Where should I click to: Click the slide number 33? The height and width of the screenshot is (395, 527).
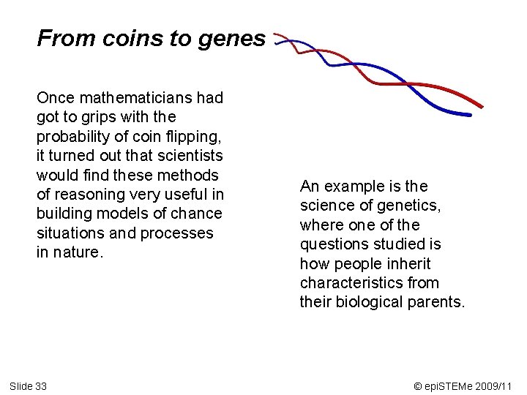tap(40, 385)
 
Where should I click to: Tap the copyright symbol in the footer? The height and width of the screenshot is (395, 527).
tap(418, 385)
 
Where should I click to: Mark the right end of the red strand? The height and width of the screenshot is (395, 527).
tap(481, 106)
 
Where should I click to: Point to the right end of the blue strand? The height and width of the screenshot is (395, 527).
tap(469, 114)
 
